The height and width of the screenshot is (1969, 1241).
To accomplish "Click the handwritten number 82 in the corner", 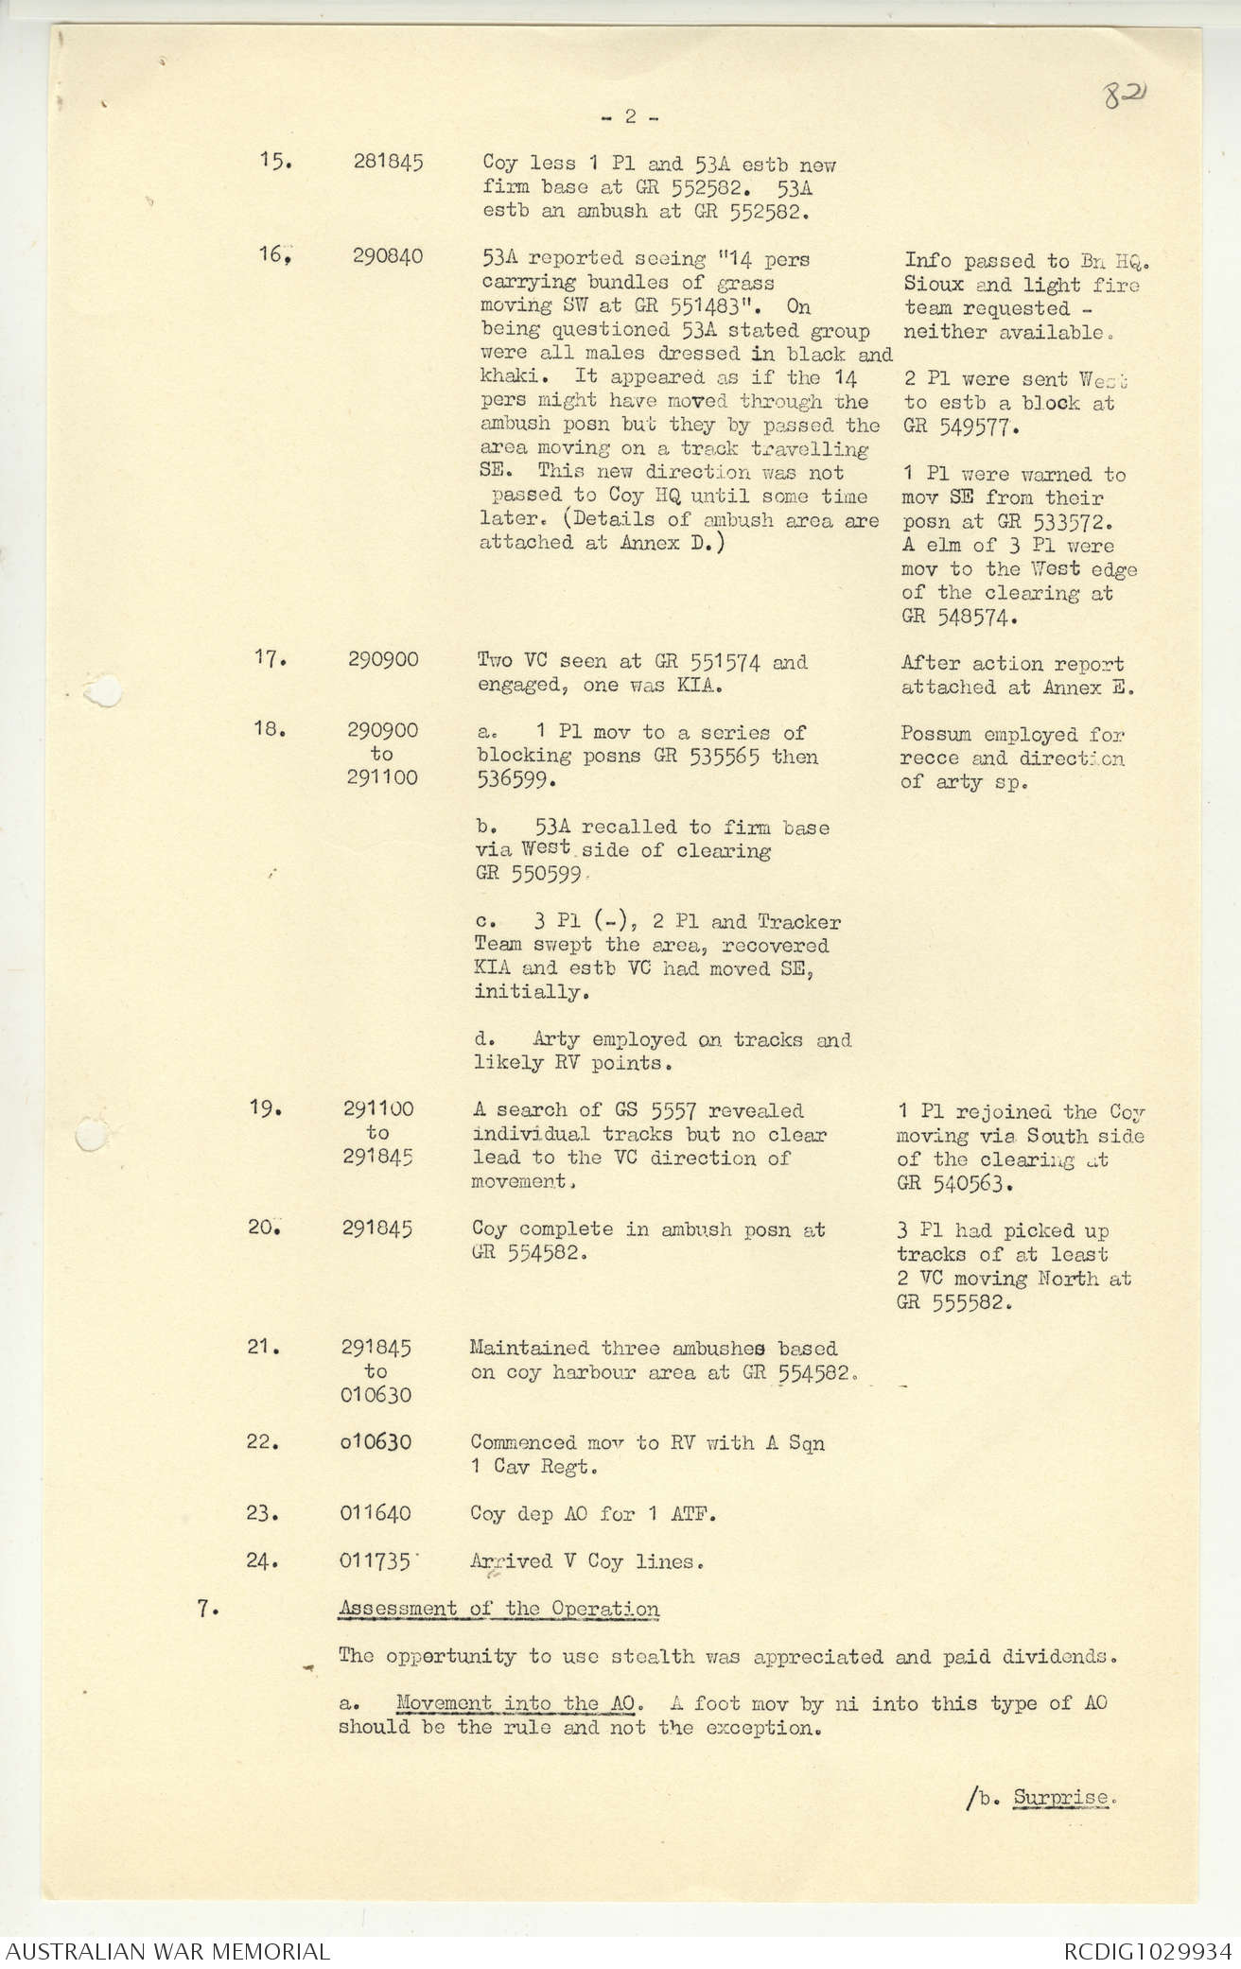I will [1125, 96].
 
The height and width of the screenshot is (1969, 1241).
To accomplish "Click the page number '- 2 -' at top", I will [630, 117].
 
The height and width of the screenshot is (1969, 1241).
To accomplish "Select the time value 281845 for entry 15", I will [388, 163].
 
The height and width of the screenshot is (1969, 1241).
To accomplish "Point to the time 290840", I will [388, 257].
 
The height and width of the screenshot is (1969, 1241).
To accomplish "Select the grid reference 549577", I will [963, 427].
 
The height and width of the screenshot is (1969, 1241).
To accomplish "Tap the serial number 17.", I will [271, 659].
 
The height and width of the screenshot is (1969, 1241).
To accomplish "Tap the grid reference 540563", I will [960, 1183].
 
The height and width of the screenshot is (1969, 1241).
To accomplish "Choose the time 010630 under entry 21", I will [376, 1395].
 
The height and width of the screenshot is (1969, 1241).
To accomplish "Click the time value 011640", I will [376, 1513].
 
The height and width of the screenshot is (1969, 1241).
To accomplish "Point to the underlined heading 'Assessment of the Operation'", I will [499, 1609].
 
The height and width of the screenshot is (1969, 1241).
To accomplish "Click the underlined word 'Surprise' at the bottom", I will [1059, 1798].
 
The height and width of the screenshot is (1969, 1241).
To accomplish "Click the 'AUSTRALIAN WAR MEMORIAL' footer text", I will [167, 1951].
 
